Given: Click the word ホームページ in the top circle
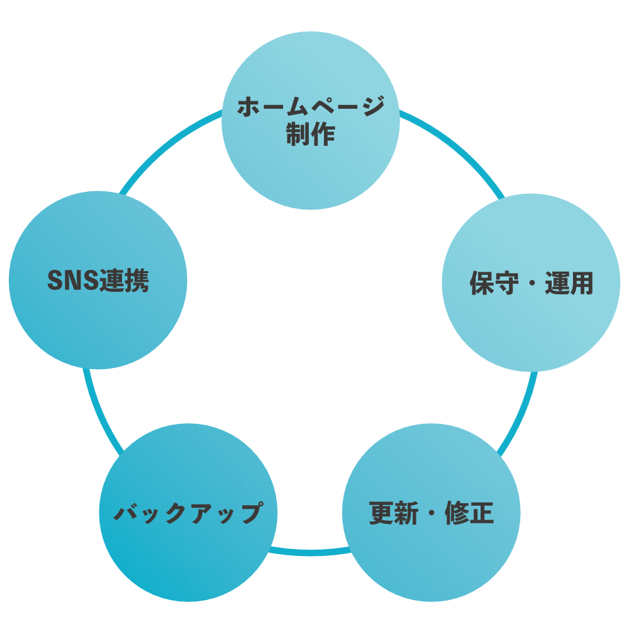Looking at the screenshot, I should [311, 107].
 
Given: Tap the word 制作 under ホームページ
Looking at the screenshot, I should [311, 134].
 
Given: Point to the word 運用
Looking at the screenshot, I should [569, 284].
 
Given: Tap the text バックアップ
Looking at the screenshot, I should [187, 513].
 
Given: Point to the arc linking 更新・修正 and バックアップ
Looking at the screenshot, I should [308, 552].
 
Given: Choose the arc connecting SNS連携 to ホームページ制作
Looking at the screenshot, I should [167, 144].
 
